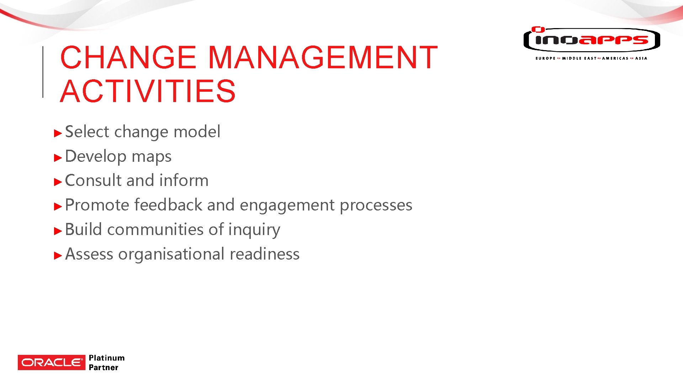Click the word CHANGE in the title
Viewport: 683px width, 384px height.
coord(128,57)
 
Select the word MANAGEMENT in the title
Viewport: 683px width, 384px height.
coord(322,57)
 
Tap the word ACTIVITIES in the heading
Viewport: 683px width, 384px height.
coord(148,91)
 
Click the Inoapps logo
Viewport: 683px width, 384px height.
coord(592,40)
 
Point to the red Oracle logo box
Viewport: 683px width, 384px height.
coord(52,362)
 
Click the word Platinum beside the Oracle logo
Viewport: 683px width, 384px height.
coord(107,358)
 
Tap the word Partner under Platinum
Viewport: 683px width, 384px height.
coord(104,368)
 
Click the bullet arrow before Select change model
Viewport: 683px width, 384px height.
coord(58,133)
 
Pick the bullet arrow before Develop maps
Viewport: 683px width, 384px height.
coord(58,158)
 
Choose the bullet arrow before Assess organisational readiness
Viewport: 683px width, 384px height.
coord(58,256)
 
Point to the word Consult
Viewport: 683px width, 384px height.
coord(94,180)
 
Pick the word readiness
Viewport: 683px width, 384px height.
coord(265,254)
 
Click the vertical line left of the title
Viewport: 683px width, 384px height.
coord(43,72)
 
